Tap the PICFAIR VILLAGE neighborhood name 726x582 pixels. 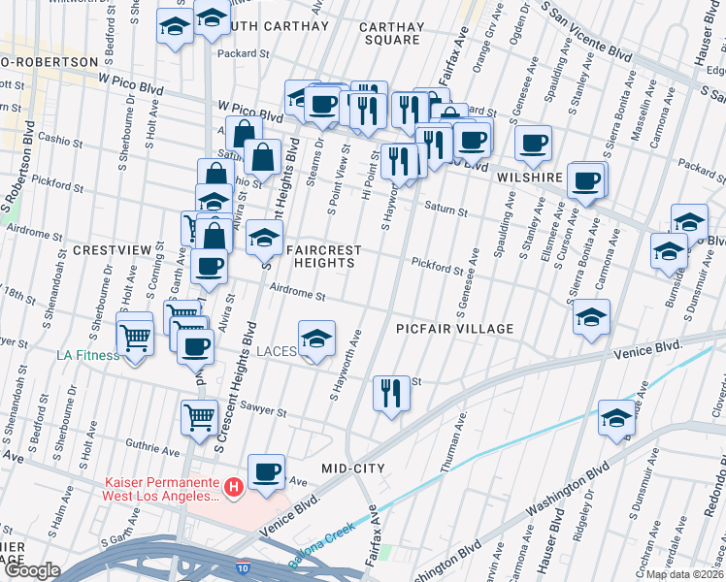[454, 329]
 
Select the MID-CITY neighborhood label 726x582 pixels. [353, 469]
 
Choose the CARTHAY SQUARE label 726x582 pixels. [392, 33]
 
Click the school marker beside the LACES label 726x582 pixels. [316, 339]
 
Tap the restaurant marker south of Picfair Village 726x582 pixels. [390, 393]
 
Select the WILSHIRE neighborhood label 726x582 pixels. [530, 178]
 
